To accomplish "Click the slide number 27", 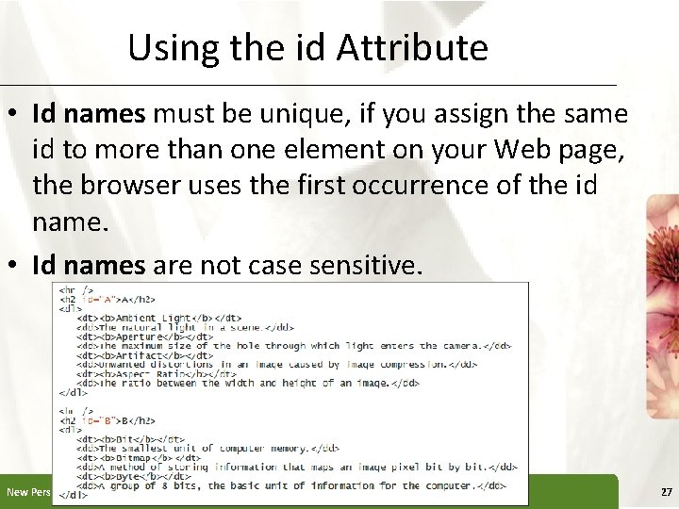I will pos(666,492).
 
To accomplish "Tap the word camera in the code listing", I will pos(456,345).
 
